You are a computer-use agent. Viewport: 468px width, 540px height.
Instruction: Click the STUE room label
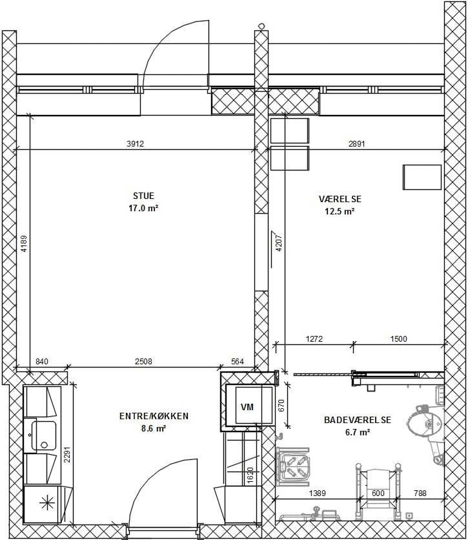click(143, 196)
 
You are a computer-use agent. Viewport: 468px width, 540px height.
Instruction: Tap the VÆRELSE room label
click(340, 199)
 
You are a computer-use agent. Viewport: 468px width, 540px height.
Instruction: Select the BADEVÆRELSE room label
click(358, 420)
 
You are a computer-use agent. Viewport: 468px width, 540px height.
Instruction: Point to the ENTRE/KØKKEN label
click(154, 416)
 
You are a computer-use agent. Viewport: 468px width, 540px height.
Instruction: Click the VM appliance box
click(247, 407)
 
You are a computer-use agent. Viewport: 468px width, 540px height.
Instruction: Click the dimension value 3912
click(135, 143)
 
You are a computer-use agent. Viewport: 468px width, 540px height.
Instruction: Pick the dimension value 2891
click(356, 143)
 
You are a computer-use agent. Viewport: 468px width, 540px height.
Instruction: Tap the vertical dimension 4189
click(24, 243)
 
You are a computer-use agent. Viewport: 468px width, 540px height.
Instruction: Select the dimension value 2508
click(143, 361)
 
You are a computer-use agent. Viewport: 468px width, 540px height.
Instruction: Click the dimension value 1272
click(314, 338)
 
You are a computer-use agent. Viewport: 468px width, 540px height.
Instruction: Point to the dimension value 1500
click(398, 338)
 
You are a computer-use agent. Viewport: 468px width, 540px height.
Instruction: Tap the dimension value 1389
click(317, 493)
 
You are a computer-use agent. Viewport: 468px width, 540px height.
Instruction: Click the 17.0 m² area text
click(143, 209)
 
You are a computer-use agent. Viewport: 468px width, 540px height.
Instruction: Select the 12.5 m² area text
click(340, 211)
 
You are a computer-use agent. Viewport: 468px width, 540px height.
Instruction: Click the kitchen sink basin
click(44, 435)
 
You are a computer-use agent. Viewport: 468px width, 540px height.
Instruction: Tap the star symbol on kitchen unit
click(47, 504)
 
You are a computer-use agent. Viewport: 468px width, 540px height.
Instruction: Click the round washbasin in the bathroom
click(425, 423)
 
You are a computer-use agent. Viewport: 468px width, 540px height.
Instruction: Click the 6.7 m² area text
click(358, 432)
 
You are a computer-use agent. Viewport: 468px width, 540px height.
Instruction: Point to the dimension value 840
click(42, 361)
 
